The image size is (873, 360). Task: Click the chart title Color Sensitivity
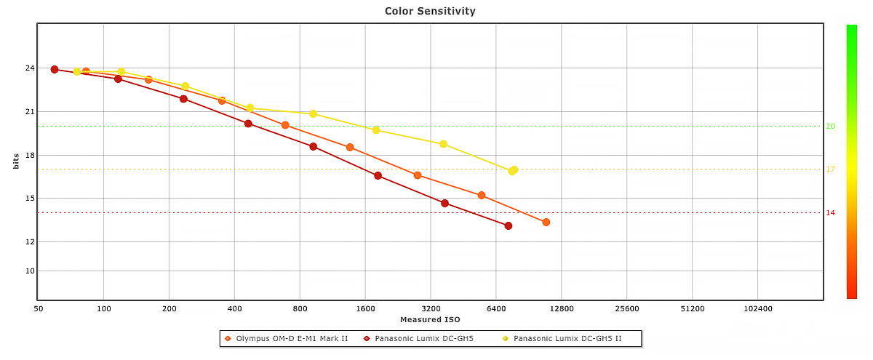430,11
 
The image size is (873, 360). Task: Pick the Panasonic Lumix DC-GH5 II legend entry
567,339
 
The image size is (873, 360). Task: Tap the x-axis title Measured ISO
430,319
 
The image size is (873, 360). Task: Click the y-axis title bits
15,161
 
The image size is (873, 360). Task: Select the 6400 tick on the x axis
496,309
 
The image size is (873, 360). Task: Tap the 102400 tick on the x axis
757,309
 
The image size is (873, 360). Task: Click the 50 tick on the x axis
39,309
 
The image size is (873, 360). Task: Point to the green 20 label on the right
830,127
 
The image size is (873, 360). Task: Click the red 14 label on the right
830,213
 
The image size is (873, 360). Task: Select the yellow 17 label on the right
830,169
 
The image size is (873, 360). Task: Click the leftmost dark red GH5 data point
55,70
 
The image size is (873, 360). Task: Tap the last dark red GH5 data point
509,226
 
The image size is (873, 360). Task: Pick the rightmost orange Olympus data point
546,223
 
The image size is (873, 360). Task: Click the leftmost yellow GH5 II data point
77,72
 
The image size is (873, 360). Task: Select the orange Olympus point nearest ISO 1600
350,148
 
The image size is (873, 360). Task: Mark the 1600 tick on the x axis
365,309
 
